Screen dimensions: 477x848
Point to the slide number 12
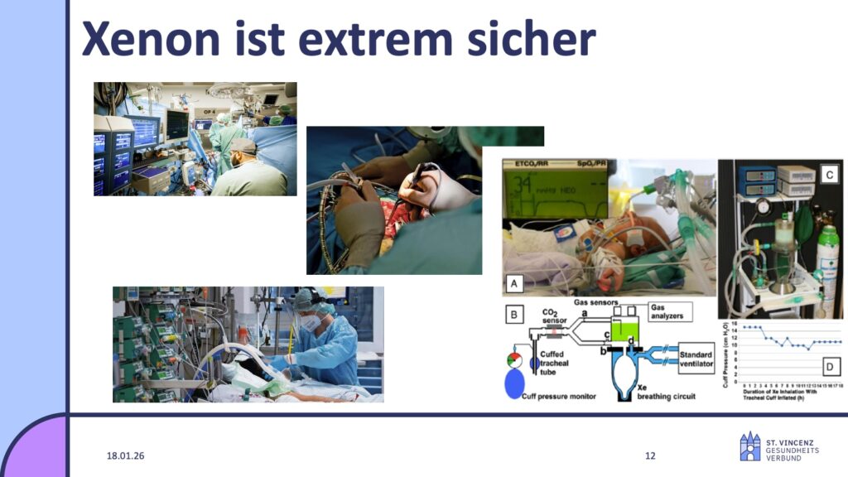(650, 456)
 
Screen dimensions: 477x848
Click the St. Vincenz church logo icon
(749, 446)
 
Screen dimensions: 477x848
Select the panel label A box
(514, 283)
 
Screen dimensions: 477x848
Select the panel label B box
(514, 314)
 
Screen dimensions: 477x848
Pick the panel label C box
(830, 174)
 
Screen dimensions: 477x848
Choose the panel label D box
(830, 364)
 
